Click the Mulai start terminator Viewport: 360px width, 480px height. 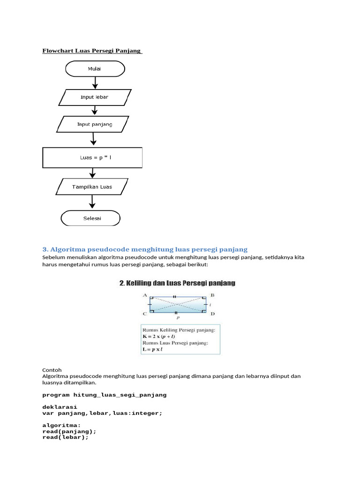pos(95,69)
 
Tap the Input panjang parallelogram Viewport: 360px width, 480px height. pos(94,124)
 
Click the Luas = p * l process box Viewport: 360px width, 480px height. pos(92,157)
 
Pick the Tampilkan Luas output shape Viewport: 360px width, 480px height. pos(92,187)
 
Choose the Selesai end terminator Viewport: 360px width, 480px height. pos(90,218)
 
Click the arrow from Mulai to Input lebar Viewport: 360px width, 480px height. pos(96,82)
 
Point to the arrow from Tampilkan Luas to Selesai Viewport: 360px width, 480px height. pos(92,202)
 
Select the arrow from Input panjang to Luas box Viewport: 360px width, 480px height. pos(94,139)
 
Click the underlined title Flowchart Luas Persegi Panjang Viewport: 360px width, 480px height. pos(92,50)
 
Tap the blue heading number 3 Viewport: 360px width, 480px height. pos(45,249)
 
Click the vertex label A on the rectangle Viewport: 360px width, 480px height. pos(145,295)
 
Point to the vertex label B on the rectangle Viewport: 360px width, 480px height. pos(212,295)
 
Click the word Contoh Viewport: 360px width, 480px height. pos(52,369)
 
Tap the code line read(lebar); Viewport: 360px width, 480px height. pos(65,437)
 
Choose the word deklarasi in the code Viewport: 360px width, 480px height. pos(60,407)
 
